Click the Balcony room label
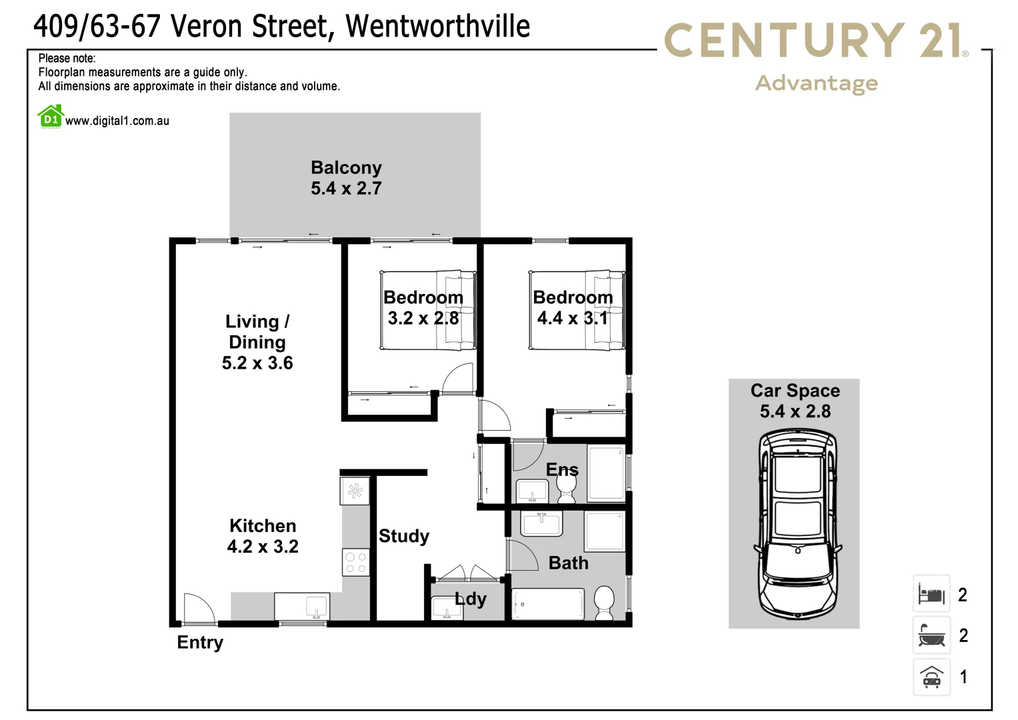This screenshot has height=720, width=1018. click(346, 167)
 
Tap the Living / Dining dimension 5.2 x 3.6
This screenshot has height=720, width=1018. click(257, 363)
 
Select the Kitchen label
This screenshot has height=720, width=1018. click(263, 526)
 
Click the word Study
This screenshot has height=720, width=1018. click(403, 536)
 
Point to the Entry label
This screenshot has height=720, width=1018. click(200, 643)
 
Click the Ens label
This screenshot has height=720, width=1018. click(562, 470)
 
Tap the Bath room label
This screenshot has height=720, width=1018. click(568, 563)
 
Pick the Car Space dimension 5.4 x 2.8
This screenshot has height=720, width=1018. click(795, 411)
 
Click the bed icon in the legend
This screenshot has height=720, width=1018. click(931, 594)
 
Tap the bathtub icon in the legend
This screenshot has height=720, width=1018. click(931, 635)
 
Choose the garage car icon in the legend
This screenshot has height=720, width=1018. click(931, 677)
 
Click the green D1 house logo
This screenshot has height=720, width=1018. click(51, 117)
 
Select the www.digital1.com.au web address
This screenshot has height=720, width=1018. click(117, 121)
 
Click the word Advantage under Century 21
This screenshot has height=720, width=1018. click(817, 83)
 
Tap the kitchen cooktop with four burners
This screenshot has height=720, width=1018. click(355, 562)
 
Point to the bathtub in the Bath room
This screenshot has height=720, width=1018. click(548, 604)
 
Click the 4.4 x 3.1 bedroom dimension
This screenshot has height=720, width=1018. click(573, 319)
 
